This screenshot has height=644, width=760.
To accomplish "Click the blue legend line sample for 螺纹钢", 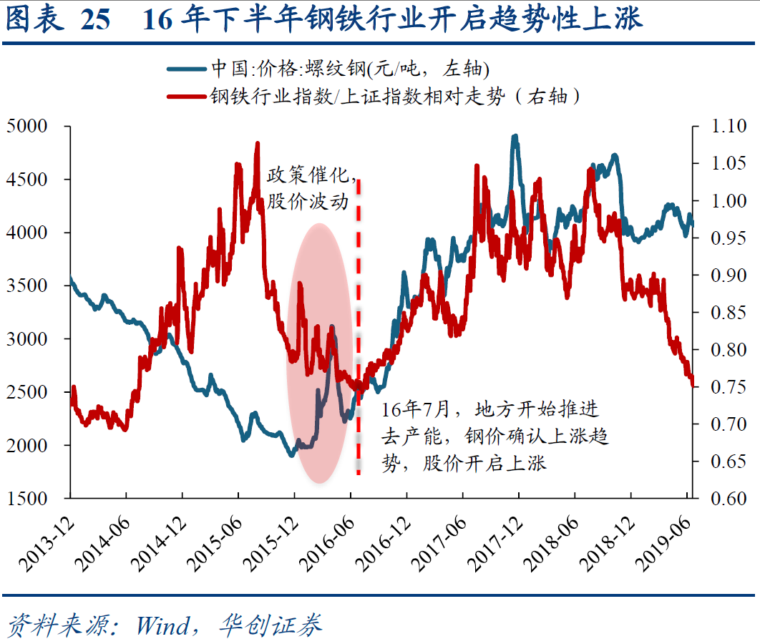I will [x=187, y=69].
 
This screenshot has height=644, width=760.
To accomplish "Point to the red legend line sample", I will [x=187, y=96].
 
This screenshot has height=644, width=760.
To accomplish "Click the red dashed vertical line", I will [x=359, y=322].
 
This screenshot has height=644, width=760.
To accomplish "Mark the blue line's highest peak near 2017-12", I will [x=515, y=136].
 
